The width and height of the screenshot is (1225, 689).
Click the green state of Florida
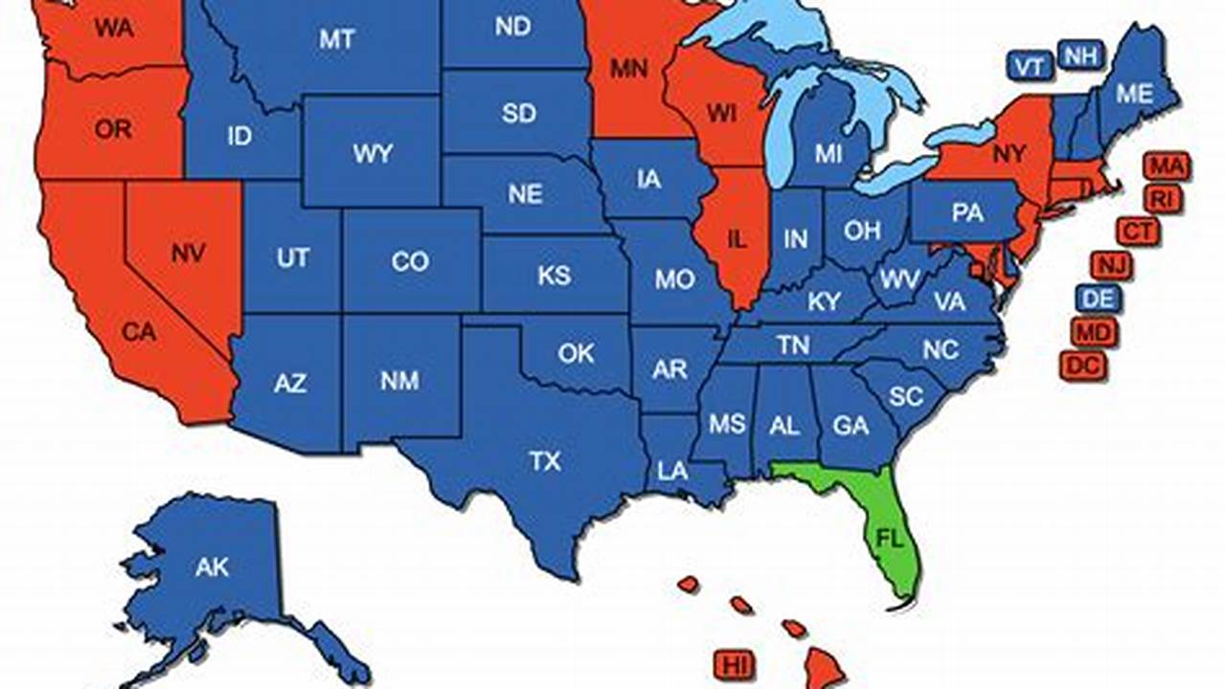(x=887, y=531)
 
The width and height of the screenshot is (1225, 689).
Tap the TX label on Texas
(x=545, y=462)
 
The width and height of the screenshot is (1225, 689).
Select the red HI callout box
(x=735, y=663)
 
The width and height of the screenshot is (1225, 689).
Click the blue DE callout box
(x=1099, y=300)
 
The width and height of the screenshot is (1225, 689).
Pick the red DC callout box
(x=1083, y=365)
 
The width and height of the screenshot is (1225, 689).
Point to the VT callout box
(x=1030, y=66)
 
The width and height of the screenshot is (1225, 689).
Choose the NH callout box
(x=1079, y=56)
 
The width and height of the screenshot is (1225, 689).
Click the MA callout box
(x=1167, y=167)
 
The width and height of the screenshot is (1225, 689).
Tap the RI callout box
(x=1162, y=199)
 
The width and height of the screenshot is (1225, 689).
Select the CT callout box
(x=1138, y=231)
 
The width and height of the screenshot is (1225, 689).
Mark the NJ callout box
(x=1111, y=265)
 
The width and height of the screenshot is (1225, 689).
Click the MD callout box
(x=1094, y=332)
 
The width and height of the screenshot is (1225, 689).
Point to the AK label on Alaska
(x=212, y=567)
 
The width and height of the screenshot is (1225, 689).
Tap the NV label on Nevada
(x=190, y=254)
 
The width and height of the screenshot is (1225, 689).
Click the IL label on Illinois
(x=736, y=239)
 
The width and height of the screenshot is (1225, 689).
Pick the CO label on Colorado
(x=410, y=261)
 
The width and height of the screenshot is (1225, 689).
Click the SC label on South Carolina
(x=905, y=395)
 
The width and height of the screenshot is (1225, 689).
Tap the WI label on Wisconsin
(x=720, y=114)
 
